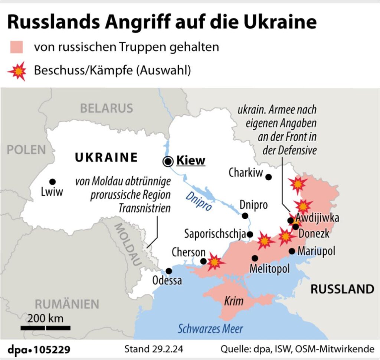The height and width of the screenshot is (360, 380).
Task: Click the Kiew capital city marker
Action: pyautogui.click(x=169, y=161)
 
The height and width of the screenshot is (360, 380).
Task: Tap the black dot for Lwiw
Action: pyautogui.click(x=52, y=182)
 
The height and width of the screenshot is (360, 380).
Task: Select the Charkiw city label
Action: pyautogui.click(x=246, y=173)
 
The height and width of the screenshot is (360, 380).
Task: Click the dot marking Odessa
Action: pyautogui.click(x=169, y=271)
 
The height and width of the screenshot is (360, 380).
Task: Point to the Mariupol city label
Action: pyautogui.click(x=316, y=251)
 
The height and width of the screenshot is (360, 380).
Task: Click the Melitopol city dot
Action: pyautogui.click(x=255, y=258)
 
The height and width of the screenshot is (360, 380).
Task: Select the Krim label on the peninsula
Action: pyautogui.click(x=234, y=301)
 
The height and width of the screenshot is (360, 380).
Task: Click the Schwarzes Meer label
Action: pyautogui.click(x=210, y=328)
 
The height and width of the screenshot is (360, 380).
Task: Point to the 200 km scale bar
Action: pyautogui.click(x=45, y=328)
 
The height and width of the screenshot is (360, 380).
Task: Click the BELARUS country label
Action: pyautogui.click(x=107, y=108)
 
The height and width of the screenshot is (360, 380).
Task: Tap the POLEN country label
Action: pyautogui.click(x=26, y=150)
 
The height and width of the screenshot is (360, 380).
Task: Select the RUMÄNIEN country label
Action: pyautogui.click(x=67, y=304)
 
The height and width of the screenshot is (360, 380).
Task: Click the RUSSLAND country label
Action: pyautogui.click(x=342, y=289)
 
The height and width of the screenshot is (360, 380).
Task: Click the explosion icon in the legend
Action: pyautogui.click(x=17, y=71)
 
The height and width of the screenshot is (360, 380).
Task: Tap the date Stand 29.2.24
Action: pyautogui.click(x=154, y=349)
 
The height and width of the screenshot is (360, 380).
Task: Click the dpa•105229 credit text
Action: pyautogui.click(x=39, y=350)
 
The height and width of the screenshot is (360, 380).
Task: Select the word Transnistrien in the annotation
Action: pyautogui.click(x=145, y=208)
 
